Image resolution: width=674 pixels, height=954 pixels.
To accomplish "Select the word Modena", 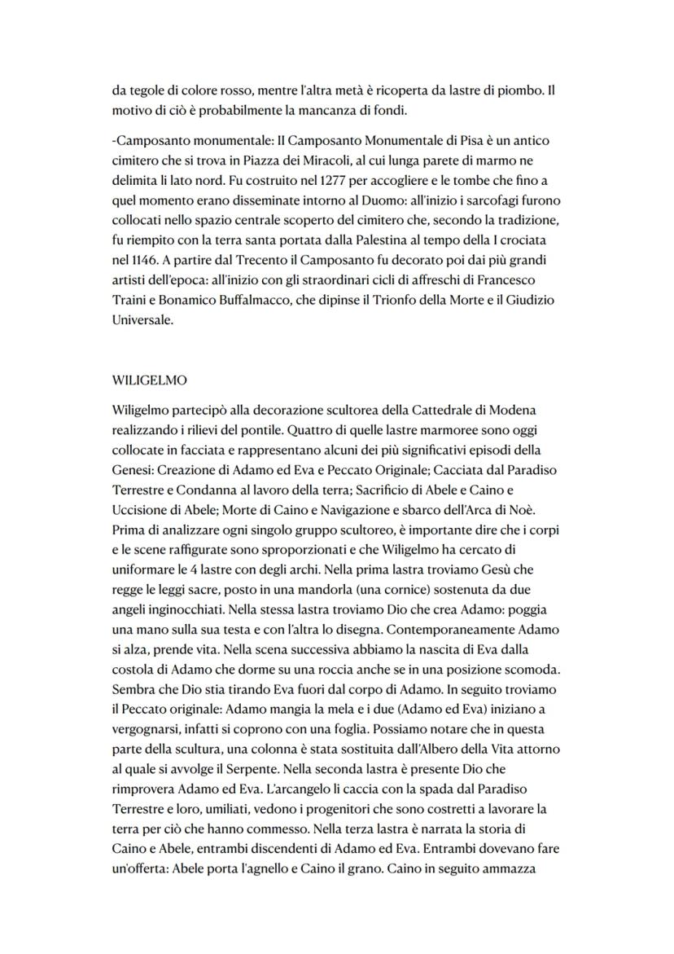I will pos(514,407).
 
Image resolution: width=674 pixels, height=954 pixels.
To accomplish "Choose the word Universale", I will pos(142,321).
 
